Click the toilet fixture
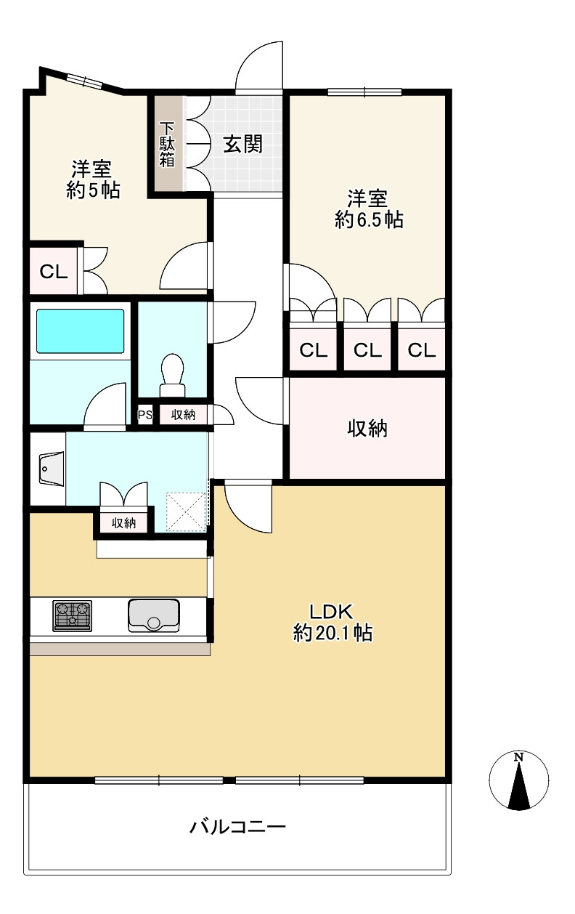(x=172, y=376)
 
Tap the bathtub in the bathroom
(x=81, y=331)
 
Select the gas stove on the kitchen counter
(x=72, y=615)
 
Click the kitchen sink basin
(x=154, y=615)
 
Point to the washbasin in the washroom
(x=52, y=469)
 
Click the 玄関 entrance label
(x=242, y=144)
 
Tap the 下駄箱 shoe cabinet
(x=167, y=145)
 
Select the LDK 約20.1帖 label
(x=333, y=623)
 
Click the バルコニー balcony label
(x=237, y=827)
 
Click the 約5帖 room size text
(x=94, y=190)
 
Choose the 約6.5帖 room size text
(x=369, y=220)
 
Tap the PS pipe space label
(x=145, y=415)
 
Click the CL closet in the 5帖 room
(x=54, y=271)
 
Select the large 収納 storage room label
(x=367, y=429)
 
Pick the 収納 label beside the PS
(x=183, y=415)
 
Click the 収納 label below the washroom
(x=123, y=523)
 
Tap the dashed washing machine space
(x=186, y=512)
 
